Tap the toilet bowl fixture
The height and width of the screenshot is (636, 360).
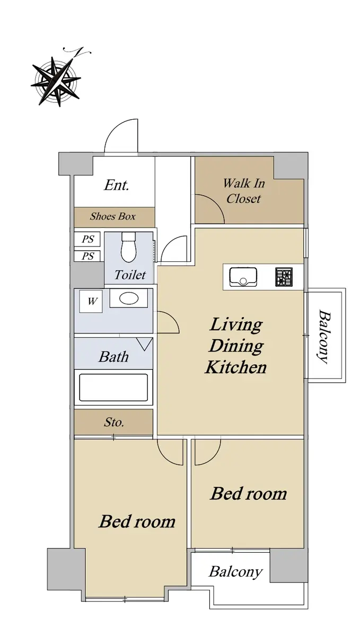pyautogui.click(x=128, y=247)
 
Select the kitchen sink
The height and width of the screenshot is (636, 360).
pyautogui.click(x=243, y=277)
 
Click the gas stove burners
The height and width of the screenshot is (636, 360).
pyautogui.click(x=284, y=277)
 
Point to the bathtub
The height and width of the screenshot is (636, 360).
pyautogui.click(x=113, y=387)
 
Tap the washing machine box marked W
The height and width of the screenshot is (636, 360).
pyautogui.click(x=91, y=301)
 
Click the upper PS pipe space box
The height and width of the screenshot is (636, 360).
pyautogui.click(x=87, y=239)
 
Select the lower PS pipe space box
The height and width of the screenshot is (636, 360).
pyautogui.click(x=87, y=256)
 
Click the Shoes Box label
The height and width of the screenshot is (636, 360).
pyautogui.click(x=113, y=217)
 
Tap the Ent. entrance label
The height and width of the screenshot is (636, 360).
pyautogui.click(x=117, y=185)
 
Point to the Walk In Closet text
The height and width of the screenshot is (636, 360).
pyautogui.click(x=244, y=191)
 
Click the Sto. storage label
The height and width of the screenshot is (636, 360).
pyautogui.click(x=113, y=422)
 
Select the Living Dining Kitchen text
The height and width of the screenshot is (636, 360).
pyautogui.click(x=236, y=346)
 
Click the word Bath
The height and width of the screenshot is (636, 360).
pyautogui.click(x=113, y=357)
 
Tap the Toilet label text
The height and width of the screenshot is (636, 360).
pyautogui.click(x=130, y=275)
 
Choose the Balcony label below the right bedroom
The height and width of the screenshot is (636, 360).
pyautogui.click(x=235, y=571)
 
